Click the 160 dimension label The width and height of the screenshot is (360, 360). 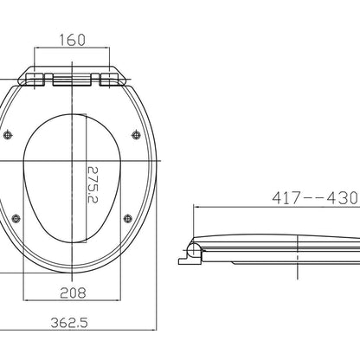pos(73,40)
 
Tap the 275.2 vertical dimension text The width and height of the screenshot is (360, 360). pos(93,184)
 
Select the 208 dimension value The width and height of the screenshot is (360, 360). pos(73,293)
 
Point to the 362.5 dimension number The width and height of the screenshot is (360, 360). pos(69,323)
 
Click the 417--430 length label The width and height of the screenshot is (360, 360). pos(315,198)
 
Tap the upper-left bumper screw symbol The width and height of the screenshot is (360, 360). pos(8,135)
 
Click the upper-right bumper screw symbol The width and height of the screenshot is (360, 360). pos(136,135)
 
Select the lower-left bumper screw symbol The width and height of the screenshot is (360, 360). pos(16,219)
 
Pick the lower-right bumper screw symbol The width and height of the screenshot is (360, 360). pos(128,219)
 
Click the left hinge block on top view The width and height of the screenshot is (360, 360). pos(35,80)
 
